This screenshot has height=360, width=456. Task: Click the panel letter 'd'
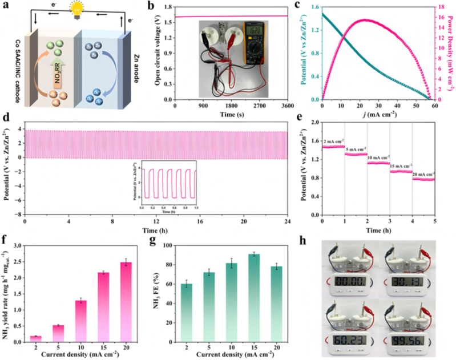(x=6, y=120)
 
